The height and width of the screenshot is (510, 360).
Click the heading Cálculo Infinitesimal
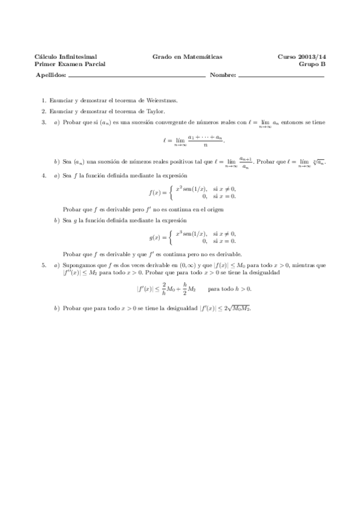(x=66, y=57)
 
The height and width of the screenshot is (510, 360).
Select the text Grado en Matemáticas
(x=187, y=57)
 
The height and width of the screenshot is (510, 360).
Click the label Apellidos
(x=51, y=76)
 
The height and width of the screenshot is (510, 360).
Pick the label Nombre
(x=223, y=76)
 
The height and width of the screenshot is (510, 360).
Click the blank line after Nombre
(x=281, y=77)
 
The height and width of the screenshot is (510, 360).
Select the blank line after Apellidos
(x=137, y=77)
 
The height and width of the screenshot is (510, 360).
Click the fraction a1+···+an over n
(x=206, y=140)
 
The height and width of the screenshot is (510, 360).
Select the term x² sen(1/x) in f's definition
(x=191, y=189)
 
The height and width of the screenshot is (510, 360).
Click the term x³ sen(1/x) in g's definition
(x=191, y=233)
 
